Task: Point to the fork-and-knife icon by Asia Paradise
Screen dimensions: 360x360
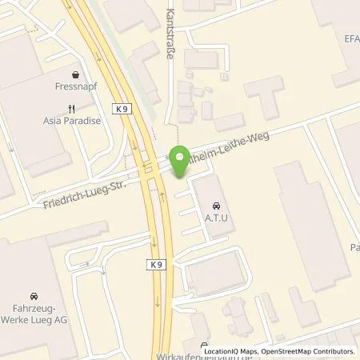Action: point(72,109)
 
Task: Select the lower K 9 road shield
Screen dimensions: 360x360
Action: point(156,263)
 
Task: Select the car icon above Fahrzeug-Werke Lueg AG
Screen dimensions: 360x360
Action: point(33,295)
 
